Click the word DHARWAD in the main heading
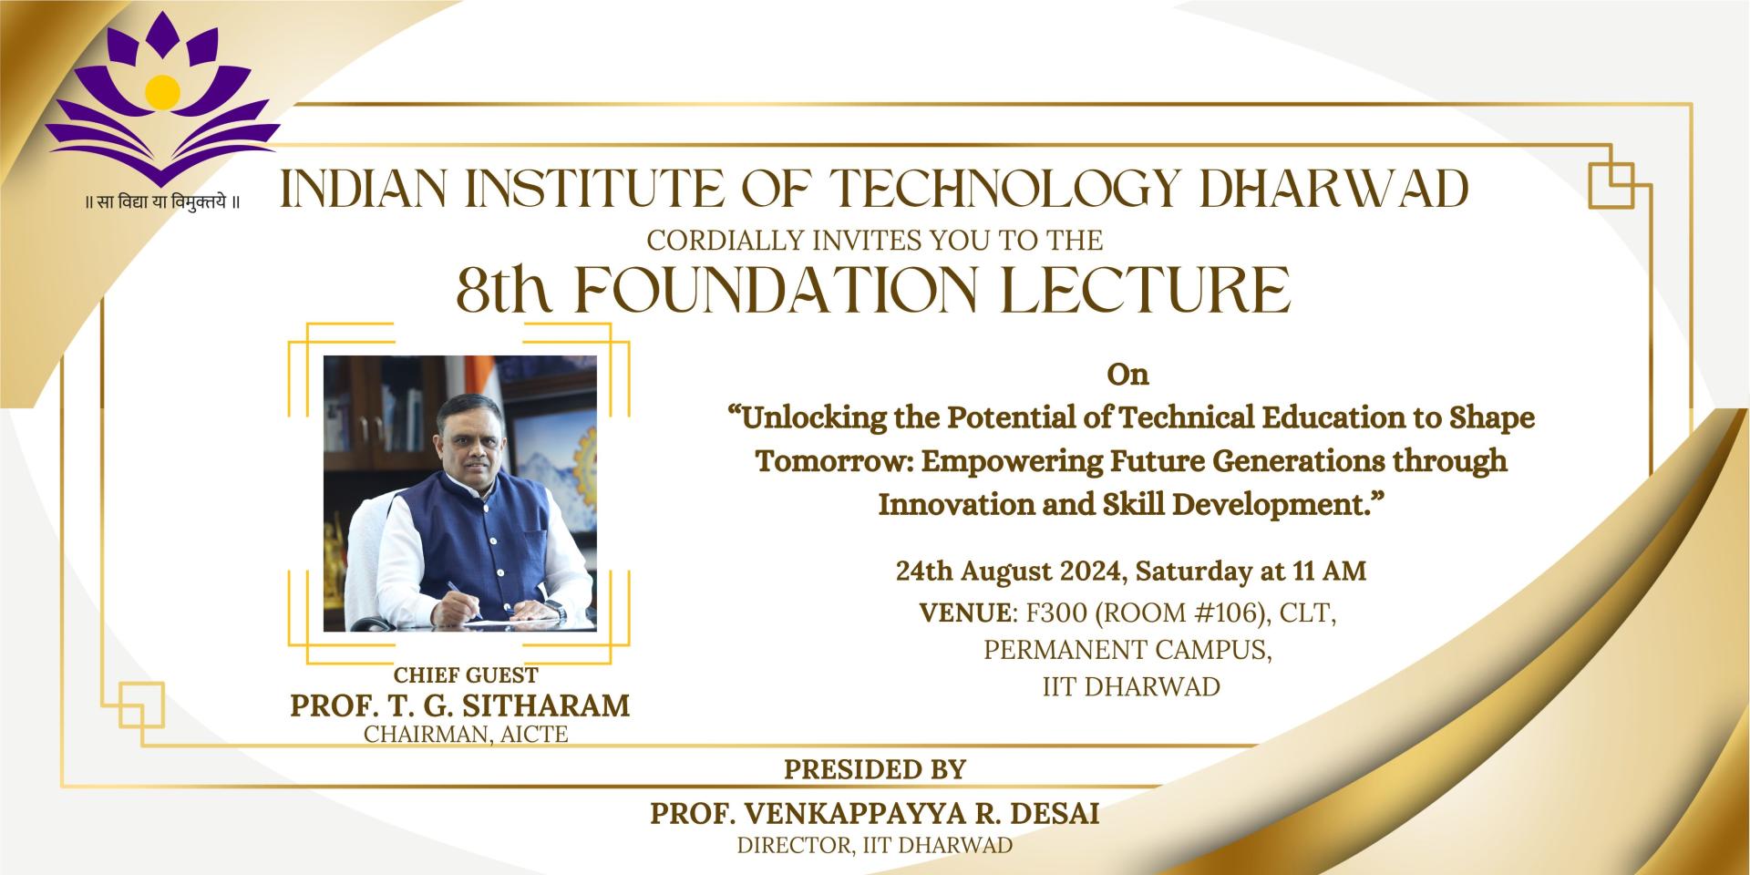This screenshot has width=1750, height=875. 1333,190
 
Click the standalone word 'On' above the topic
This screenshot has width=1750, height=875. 1128,375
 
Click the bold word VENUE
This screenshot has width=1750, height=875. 965,613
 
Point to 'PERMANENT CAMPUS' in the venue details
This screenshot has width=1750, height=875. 1127,650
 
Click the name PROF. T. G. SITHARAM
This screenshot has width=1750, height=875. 460,705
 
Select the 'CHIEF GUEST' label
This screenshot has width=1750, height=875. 466,675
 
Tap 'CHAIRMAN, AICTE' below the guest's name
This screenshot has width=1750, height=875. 466,734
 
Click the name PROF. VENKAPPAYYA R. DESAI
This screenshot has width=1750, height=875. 875,813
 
